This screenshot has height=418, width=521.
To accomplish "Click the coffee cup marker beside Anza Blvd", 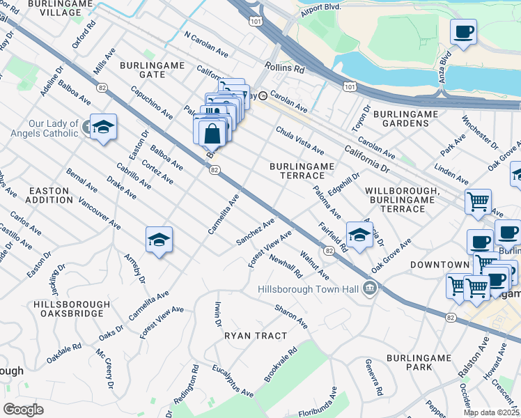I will (463, 31).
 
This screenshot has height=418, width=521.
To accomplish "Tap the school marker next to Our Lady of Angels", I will (103, 127).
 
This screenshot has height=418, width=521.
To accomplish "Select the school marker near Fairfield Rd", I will (359, 235).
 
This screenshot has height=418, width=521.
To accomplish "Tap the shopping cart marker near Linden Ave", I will (478, 202).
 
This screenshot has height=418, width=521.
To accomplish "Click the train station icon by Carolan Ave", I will (263, 96).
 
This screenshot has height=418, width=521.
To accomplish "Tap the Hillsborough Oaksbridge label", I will (71, 309).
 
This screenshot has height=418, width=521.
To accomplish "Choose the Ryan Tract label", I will (256, 336).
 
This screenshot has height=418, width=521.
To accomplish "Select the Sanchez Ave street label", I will (255, 233).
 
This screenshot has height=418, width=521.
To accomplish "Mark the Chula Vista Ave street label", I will (300, 140).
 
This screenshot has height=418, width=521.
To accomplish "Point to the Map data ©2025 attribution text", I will (491, 412).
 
